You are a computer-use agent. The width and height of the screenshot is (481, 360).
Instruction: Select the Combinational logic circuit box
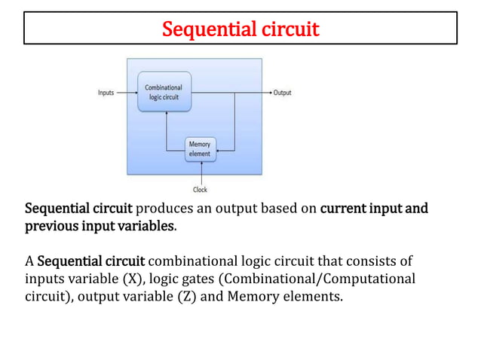(x=164, y=93)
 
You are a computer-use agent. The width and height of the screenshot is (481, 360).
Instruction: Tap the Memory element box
(x=201, y=148)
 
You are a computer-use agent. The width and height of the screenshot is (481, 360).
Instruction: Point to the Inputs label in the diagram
(x=106, y=93)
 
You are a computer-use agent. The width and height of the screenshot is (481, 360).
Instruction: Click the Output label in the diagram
(x=283, y=93)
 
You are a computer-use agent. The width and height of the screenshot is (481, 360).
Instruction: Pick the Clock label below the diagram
(x=200, y=190)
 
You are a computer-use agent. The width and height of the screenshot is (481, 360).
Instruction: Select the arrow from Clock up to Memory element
(x=200, y=172)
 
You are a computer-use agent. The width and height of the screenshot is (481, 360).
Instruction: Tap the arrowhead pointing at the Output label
(x=269, y=93)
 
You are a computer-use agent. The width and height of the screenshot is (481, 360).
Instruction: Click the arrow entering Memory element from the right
(x=226, y=149)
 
